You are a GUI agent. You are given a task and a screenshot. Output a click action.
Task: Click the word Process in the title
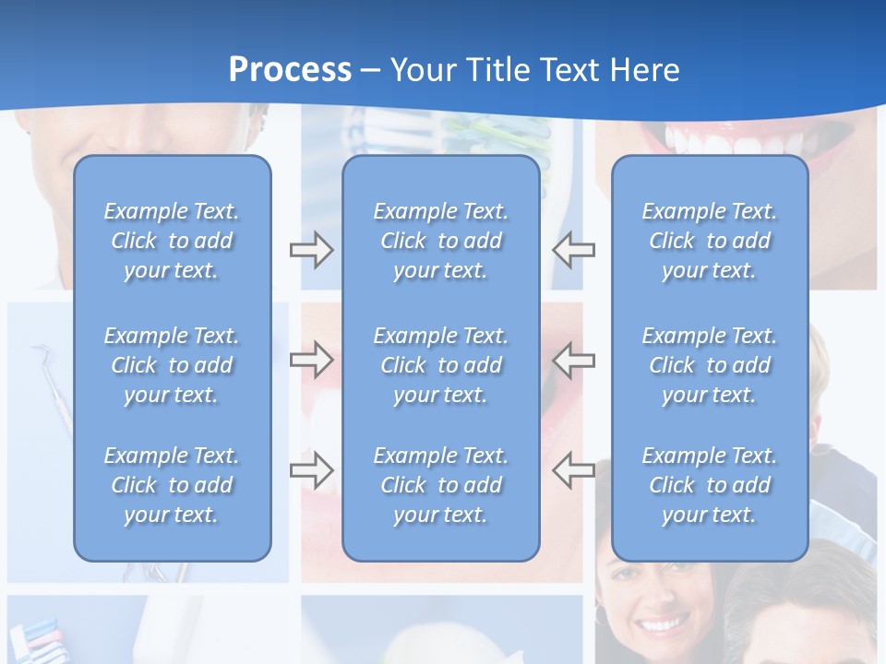[x=290, y=69]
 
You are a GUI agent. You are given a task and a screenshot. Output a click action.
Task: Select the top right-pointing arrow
[x=311, y=250]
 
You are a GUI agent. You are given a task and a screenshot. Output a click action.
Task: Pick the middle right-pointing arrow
[x=311, y=359]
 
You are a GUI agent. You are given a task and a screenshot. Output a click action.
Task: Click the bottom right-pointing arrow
[x=311, y=469]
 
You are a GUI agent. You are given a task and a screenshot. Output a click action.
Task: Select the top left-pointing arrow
[x=573, y=250]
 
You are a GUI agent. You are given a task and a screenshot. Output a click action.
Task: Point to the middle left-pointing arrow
[x=573, y=359]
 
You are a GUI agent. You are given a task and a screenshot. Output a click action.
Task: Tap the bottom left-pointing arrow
[x=573, y=469]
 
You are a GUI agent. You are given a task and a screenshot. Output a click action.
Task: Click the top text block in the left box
[x=172, y=241]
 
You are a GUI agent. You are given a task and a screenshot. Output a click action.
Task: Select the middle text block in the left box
[x=172, y=365]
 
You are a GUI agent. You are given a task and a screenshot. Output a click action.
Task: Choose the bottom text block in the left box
[x=172, y=485]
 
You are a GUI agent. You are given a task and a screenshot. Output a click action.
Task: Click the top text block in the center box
[x=441, y=241]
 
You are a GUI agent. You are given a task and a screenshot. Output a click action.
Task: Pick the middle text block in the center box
[x=441, y=365]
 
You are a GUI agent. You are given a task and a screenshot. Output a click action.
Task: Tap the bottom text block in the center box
[x=441, y=485]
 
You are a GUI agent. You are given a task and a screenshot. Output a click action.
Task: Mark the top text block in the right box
[x=710, y=241]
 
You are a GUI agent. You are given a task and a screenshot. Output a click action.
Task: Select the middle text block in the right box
[x=710, y=365]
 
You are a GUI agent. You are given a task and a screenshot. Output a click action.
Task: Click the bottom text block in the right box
[x=710, y=485]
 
